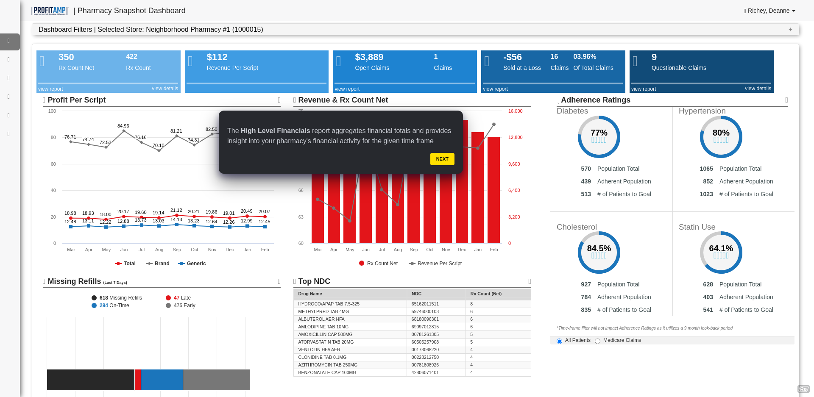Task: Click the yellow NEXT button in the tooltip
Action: coord(442,159)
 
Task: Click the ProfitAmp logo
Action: coord(50,11)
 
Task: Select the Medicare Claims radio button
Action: coord(597,341)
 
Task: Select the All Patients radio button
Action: coord(559,341)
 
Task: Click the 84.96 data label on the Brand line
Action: coord(123,126)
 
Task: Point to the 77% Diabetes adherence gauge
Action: coord(599,136)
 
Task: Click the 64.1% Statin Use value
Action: coord(721,248)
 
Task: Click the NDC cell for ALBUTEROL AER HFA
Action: coord(425,319)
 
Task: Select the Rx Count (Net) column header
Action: coord(486,294)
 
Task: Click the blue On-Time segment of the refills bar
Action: coord(162,380)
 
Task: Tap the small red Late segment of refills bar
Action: coord(137,380)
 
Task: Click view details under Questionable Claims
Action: coord(758,89)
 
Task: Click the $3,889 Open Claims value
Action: coord(369,57)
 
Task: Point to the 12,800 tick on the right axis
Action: coord(515,137)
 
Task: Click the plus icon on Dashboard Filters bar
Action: coord(790,29)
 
